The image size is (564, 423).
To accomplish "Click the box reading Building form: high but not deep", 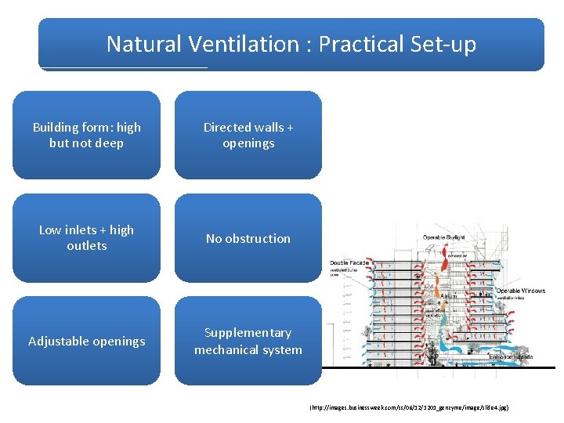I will pyautogui.click(x=86, y=135).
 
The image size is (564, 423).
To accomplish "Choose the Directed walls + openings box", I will pyautogui.click(x=248, y=135).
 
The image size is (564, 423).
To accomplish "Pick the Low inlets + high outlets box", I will pyautogui.click(x=86, y=237).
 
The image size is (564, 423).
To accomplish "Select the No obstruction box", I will pyautogui.click(x=248, y=238).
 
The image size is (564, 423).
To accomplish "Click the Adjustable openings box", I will pyautogui.click(x=86, y=341).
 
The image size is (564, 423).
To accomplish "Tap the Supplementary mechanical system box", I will pyautogui.click(x=248, y=341).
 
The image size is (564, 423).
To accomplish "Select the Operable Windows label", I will pyautogui.click(x=520, y=291).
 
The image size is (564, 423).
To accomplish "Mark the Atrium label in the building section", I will pyautogui.click(x=448, y=296).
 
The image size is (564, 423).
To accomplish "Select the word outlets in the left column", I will pyautogui.click(x=86, y=246).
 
